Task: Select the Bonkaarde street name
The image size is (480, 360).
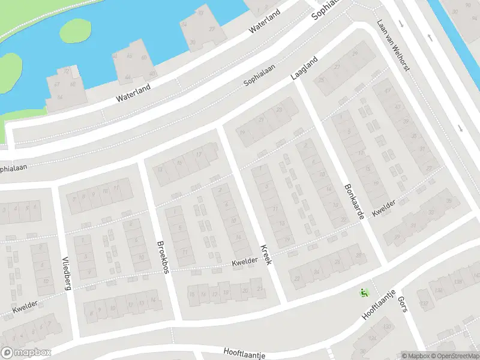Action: [x=354, y=201]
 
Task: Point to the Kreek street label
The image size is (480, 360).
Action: [x=266, y=254]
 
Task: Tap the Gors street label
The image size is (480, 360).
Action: [x=403, y=307]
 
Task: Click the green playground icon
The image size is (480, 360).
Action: [x=363, y=293]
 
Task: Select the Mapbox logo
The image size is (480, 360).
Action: [x=26, y=352]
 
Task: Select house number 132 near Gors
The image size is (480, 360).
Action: [x=425, y=304]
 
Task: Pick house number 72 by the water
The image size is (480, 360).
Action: [x=66, y=71]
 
